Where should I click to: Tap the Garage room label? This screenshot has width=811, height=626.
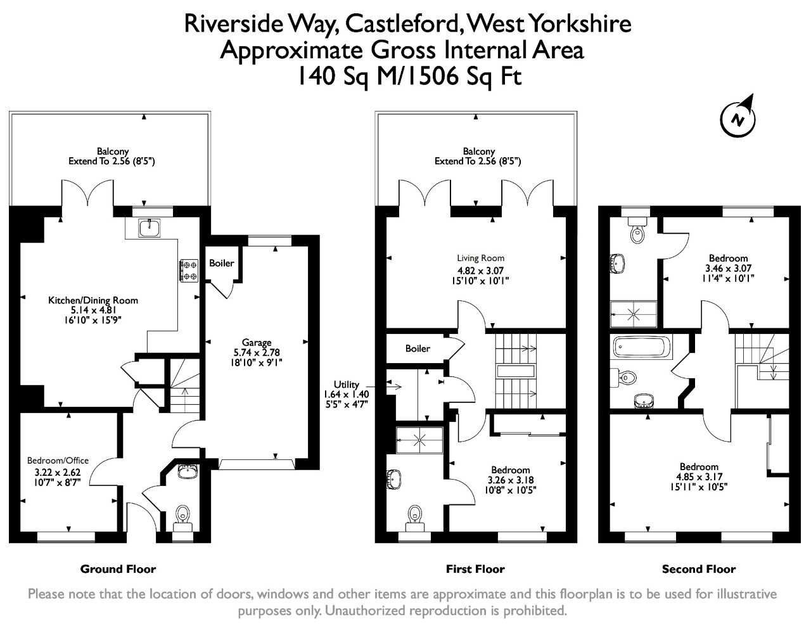256,343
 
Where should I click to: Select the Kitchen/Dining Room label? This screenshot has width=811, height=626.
93,300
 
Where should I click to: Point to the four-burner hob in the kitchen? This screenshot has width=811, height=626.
189,270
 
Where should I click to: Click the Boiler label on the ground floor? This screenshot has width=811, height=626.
221,263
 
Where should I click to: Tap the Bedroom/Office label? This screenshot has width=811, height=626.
58,461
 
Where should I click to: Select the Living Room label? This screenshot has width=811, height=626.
480,258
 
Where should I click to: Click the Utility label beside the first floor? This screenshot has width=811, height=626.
347,385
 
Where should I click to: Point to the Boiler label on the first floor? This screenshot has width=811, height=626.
418,348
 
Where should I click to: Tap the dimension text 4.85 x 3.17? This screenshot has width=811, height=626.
699,477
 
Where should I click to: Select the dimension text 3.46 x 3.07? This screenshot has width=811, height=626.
728,268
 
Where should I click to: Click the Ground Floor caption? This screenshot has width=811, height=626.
118,569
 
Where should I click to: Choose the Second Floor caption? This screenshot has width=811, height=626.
698,569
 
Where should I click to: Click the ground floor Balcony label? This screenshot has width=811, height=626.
112,151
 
